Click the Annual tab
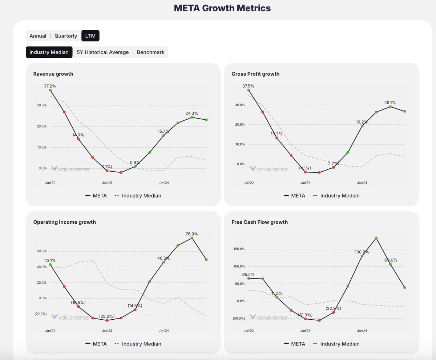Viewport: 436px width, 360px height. (x=38, y=36)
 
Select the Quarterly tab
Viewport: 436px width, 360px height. (x=66, y=36)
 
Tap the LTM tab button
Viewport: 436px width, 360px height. (x=90, y=36)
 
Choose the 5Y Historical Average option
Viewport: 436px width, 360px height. (x=103, y=52)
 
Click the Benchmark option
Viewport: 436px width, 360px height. (x=150, y=52)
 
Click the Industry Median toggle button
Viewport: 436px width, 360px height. (x=49, y=52)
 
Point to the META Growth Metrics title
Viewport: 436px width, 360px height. (x=222, y=8)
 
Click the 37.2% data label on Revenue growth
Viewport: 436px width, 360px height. (x=50, y=86)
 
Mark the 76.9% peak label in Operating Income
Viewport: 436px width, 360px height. (x=191, y=234)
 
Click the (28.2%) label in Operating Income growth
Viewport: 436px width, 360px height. (x=107, y=316)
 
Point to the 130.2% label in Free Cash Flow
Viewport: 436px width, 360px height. (x=362, y=252)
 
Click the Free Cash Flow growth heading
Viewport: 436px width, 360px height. (x=259, y=222)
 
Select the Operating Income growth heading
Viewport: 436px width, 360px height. (x=64, y=222)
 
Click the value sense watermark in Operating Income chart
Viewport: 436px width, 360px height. (x=70, y=317)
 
